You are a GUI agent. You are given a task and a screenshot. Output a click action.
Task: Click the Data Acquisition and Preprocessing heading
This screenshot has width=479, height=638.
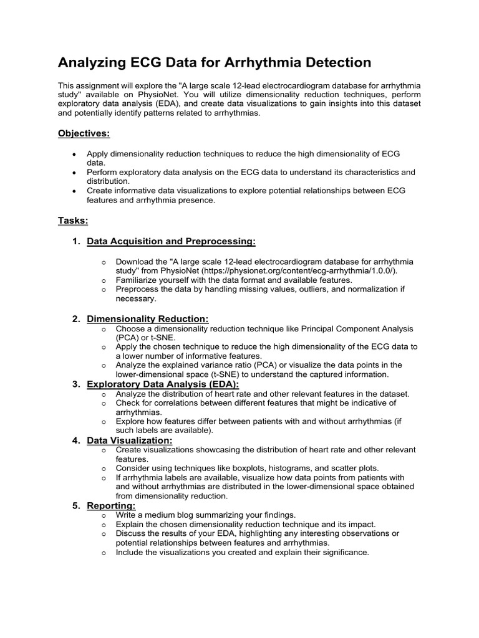click(171, 241)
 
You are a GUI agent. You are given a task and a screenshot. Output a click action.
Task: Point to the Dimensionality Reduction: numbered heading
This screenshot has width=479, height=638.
click(148, 319)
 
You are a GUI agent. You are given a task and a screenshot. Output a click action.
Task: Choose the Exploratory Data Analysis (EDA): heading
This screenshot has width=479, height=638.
click(163, 384)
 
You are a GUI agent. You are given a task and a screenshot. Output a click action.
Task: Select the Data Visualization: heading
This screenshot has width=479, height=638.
click(130, 440)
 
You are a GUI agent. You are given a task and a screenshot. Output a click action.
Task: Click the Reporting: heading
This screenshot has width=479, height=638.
click(111, 506)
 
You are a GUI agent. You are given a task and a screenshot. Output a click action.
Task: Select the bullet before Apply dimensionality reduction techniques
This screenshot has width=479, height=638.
click(75, 153)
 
